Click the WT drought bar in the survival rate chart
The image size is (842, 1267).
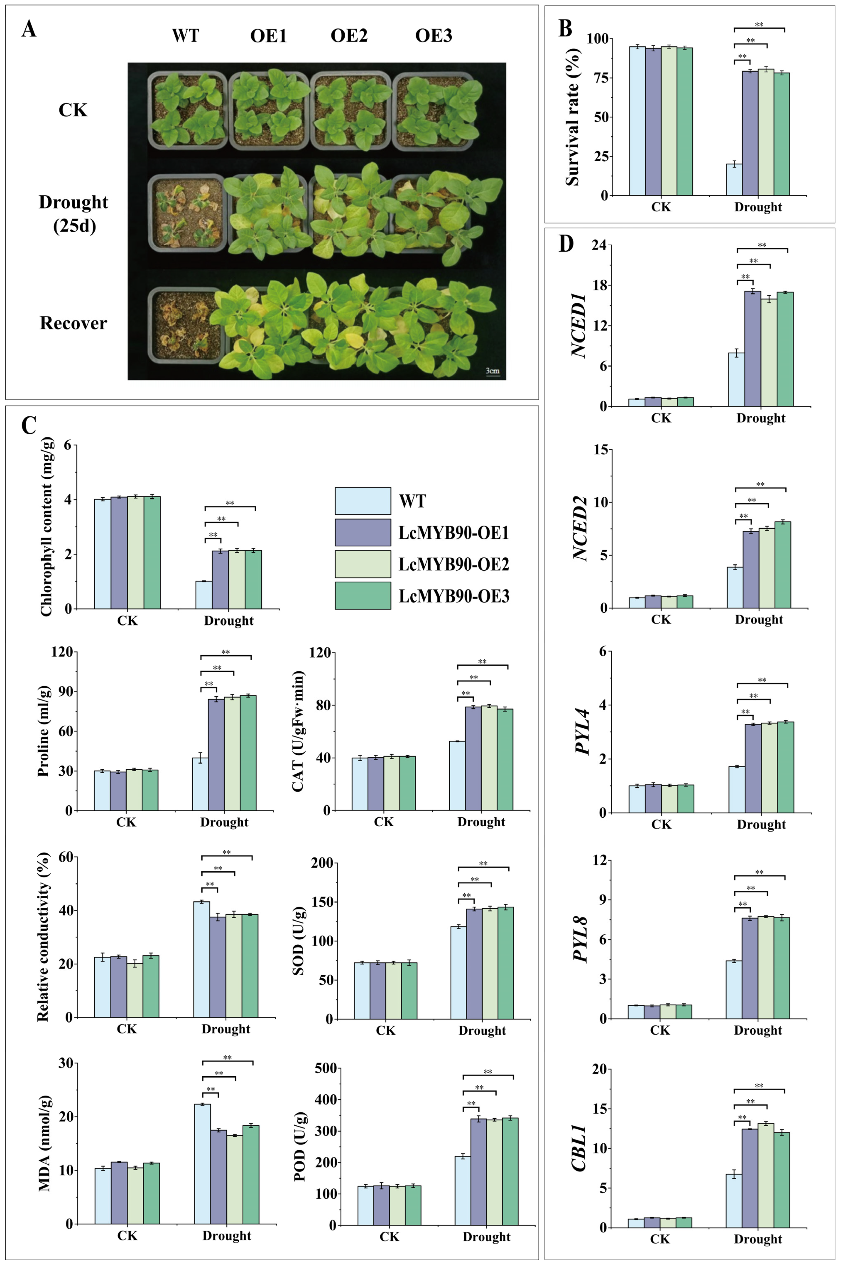(x=734, y=180)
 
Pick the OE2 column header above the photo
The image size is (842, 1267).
(x=349, y=36)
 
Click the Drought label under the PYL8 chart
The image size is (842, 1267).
(x=758, y=1030)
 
